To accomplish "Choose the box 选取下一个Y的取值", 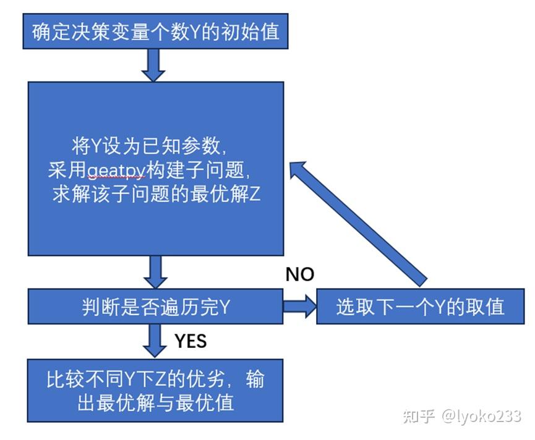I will pos(420,307).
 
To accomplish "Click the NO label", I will pos(299,274).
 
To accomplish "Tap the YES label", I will pos(190,341).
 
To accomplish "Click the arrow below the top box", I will pos(153,65).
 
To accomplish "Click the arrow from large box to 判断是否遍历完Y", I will pos(155,272).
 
